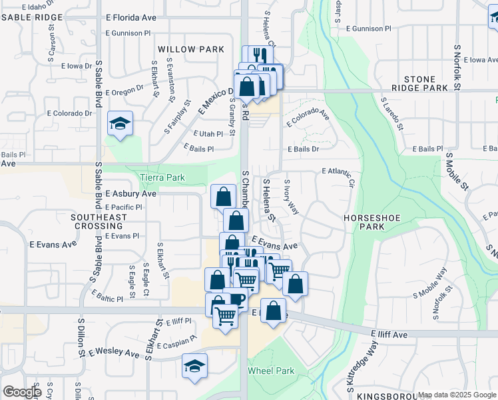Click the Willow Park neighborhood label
click(182, 49)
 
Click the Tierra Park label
click(162, 178)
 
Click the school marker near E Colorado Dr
click(120, 124)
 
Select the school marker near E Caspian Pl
click(195, 366)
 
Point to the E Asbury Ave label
click(130, 193)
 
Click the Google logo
click(22, 392)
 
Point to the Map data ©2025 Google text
click(456, 395)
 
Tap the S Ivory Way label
click(292, 197)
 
